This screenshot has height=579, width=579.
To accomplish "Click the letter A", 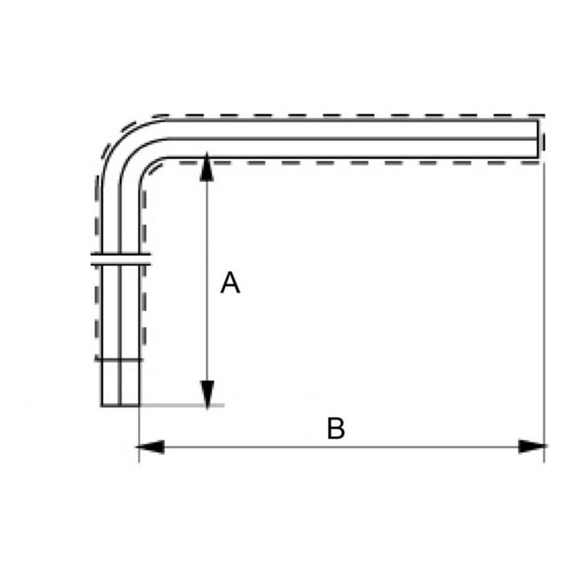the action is click(230, 282).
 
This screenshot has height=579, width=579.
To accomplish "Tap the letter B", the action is click(335, 429).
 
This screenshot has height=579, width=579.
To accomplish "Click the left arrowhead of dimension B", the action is click(150, 447).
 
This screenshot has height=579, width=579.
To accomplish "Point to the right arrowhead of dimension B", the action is click(532, 446).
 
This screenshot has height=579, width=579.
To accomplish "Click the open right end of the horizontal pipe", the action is click(538, 138).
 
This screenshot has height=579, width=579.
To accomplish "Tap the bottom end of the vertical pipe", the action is click(121, 406).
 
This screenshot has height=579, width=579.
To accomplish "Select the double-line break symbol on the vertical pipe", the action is click(121, 259).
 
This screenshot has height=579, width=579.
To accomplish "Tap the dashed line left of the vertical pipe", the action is click(96, 266).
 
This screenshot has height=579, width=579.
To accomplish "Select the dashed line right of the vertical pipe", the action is click(144, 266).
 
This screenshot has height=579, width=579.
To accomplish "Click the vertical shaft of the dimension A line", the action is click(207, 281).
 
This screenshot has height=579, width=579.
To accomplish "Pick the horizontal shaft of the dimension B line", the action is click(342, 447).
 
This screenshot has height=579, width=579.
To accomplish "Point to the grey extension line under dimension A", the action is click(182, 405).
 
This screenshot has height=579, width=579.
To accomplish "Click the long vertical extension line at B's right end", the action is click(544, 312).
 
